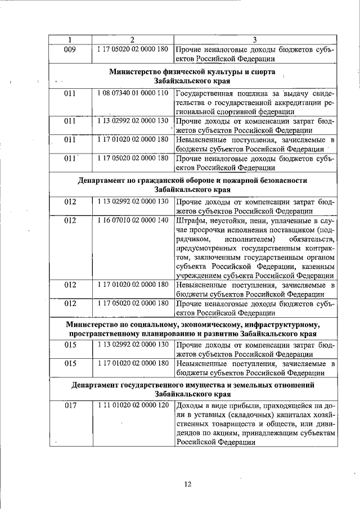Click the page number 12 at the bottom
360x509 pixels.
click(188, 484)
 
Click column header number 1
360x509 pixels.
click(70, 39)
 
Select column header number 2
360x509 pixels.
click(132, 39)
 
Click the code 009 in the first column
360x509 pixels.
click(70, 49)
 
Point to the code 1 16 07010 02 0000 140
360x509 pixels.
click(132, 220)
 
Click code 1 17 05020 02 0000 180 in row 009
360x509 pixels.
click(132, 49)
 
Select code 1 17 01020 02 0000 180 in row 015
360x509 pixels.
click(132, 364)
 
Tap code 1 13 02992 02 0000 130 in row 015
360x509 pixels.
click(132, 343)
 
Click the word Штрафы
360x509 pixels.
click(191, 220)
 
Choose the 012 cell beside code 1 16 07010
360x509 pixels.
click(70, 220)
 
